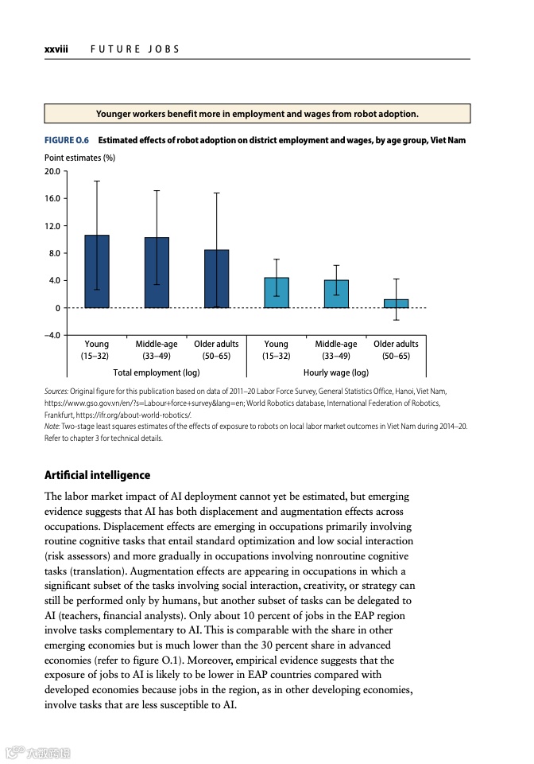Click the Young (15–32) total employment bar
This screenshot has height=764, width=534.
pyautogui.click(x=97, y=271)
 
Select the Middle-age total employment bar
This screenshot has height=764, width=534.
pyautogui.click(x=157, y=272)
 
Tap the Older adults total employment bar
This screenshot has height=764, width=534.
pyautogui.click(x=216, y=279)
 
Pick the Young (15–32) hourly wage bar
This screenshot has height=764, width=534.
pyautogui.click(x=277, y=293)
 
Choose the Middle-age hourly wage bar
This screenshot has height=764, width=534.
pyautogui.click(x=336, y=294)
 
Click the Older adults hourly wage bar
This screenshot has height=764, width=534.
pyautogui.click(x=396, y=303)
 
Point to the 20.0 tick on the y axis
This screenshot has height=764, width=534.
pyautogui.click(x=53, y=171)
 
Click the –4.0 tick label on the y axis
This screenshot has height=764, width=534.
pyautogui.click(x=53, y=335)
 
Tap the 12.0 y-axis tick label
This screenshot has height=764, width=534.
pyautogui.click(x=53, y=226)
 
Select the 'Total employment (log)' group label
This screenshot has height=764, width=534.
pyautogui.click(x=157, y=372)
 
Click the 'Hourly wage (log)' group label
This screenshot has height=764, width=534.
pyautogui.click(x=336, y=372)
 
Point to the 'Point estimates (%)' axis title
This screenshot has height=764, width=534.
pyautogui.click(x=79, y=158)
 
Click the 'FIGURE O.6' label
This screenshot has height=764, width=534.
pyautogui.click(x=67, y=141)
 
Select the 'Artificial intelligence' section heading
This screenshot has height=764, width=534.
pyautogui.click(x=97, y=475)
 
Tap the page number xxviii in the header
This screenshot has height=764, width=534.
pyautogui.click(x=56, y=49)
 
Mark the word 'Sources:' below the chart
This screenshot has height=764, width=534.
pyautogui.click(x=56, y=392)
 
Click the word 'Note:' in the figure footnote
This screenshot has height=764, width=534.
pyautogui.click(x=52, y=427)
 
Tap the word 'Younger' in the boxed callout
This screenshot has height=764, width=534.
pyautogui.click(x=116, y=114)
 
